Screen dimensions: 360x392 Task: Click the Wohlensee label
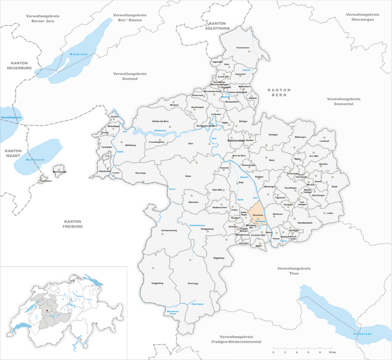pyautogui.click(x=160, y=130)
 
